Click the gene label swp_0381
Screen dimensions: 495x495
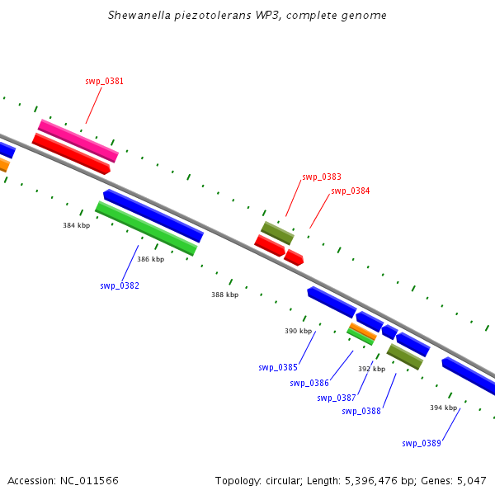(x=104, y=81)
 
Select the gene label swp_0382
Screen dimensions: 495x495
(x=120, y=285)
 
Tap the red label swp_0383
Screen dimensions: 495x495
(x=322, y=177)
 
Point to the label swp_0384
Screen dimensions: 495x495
(x=350, y=191)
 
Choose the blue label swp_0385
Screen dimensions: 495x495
(x=278, y=367)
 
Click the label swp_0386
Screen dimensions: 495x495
(x=309, y=383)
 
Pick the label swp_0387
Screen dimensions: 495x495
(x=337, y=398)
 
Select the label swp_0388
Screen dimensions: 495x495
(x=361, y=411)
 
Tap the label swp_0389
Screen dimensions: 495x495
(x=422, y=443)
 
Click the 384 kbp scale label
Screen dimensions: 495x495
(x=76, y=225)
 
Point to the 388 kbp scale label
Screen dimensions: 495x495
(x=224, y=295)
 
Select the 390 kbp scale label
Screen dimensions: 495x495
(x=298, y=331)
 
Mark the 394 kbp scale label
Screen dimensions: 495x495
(x=443, y=408)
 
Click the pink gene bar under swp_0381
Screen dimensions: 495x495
(x=78, y=140)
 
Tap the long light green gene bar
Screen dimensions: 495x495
(x=146, y=229)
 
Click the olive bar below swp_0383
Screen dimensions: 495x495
(x=277, y=233)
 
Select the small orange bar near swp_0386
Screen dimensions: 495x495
(x=362, y=332)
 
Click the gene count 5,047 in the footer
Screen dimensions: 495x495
(x=472, y=480)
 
